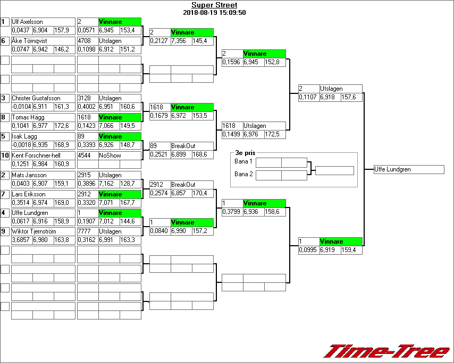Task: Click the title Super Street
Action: point(214,5)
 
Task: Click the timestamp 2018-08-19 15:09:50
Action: point(214,12)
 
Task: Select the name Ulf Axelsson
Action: point(27,22)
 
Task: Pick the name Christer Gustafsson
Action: point(36,98)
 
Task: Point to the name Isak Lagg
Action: point(24,136)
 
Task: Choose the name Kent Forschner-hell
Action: point(36,155)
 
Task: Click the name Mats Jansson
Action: point(29,175)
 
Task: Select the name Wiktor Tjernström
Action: point(35,231)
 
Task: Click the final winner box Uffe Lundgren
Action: point(408,169)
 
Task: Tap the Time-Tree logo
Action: point(387,351)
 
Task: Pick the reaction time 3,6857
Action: point(22,240)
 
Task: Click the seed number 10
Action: point(5,155)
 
